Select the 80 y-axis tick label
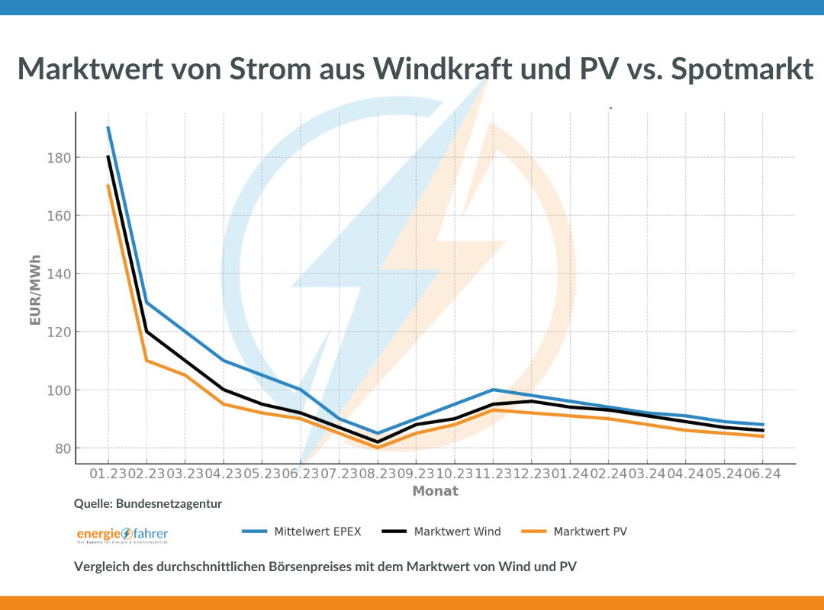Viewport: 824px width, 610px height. tap(65, 448)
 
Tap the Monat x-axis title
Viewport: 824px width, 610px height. tap(436, 491)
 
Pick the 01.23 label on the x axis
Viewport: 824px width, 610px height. tap(108, 474)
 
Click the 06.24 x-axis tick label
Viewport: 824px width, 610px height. tap(763, 474)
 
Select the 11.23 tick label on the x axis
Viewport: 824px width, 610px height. tap(494, 474)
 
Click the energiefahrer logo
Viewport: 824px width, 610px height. tap(122, 535)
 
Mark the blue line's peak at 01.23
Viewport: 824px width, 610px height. tap(108, 127)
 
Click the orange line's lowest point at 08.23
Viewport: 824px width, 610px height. tap(378, 448)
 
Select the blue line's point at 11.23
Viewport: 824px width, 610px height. tap(494, 390)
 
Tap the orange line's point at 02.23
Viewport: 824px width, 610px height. tap(146, 361)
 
